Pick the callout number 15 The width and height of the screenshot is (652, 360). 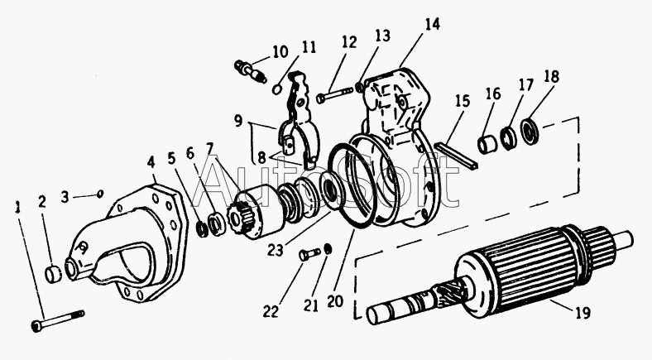pyautogui.click(x=462, y=101)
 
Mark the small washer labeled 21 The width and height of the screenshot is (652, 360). pyautogui.click(x=328, y=249)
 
